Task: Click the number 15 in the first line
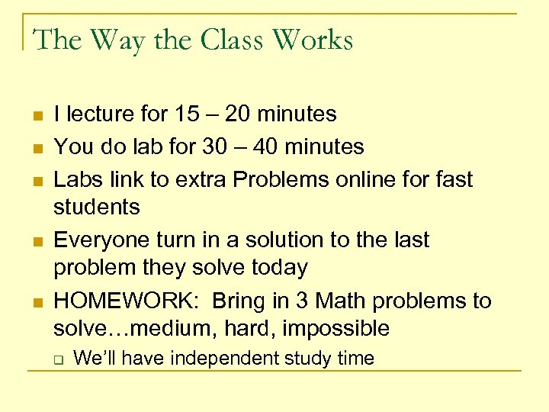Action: (x=188, y=114)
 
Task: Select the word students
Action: (x=97, y=207)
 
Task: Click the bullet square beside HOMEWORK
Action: (x=37, y=303)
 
